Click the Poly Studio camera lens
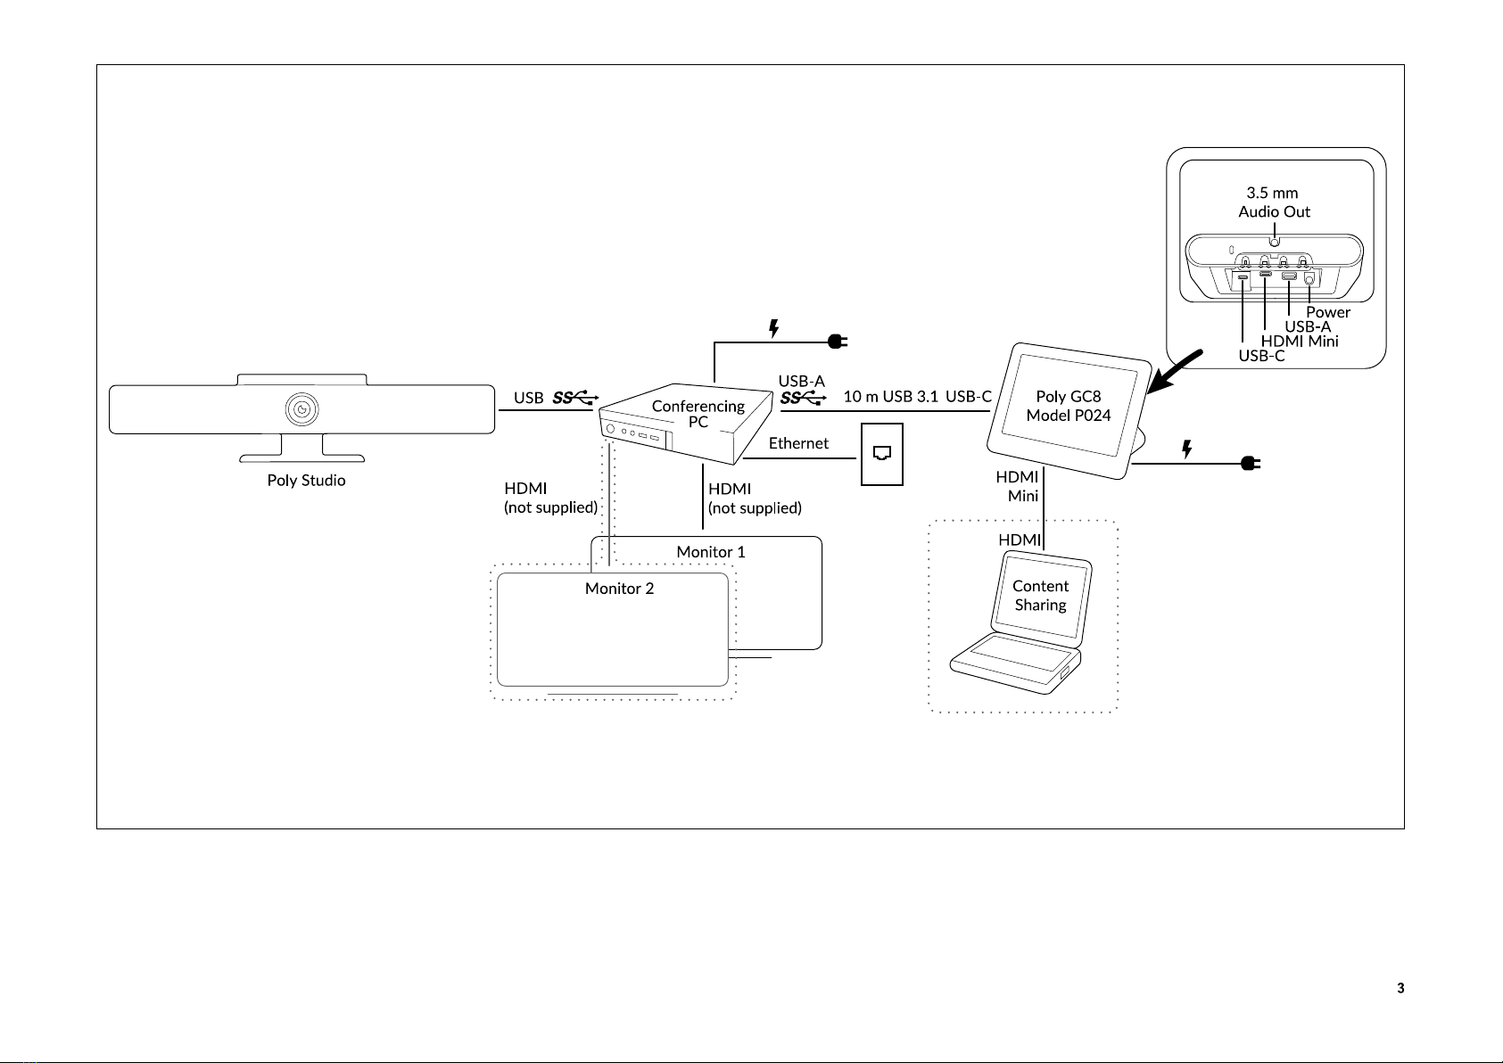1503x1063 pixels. [x=302, y=409]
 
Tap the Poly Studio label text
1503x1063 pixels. [x=306, y=481]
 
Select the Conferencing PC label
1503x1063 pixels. [x=698, y=414]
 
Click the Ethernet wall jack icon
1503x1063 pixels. [x=881, y=454]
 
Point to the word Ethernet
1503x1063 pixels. [x=798, y=443]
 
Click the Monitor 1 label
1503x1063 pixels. [x=711, y=552]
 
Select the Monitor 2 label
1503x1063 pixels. [x=619, y=589]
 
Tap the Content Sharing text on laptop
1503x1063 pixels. [x=1041, y=596]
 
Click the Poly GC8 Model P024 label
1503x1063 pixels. [x=1069, y=406]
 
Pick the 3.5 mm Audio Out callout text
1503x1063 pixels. [x=1274, y=202]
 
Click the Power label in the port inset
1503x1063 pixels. [x=1328, y=312]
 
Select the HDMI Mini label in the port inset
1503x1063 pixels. [x=1300, y=341]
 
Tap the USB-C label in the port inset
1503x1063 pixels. [x=1261, y=356]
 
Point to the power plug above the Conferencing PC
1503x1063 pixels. [x=838, y=342]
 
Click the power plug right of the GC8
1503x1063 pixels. [x=1251, y=463]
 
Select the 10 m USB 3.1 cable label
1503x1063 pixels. [x=890, y=396]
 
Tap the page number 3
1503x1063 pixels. [x=1400, y=988]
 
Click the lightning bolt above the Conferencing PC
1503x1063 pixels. [x=773, y=328]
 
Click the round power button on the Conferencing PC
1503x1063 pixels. [x=610, y=429]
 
